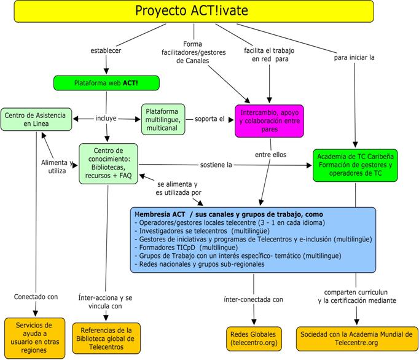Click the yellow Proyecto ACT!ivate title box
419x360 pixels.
(x=194, y=11)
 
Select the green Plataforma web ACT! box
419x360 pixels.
(x=106, y=83)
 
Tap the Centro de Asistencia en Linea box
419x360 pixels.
(x=36, y=119)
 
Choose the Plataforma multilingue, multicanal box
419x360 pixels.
(x=163, y=119)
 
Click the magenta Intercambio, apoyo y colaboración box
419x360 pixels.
(x=269, y=121)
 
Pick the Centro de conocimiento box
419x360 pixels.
(x=108, y=163)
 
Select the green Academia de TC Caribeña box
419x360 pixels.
(x=355, y=165)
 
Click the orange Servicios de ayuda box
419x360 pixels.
(x=35, y=338)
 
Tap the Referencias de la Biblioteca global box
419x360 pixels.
(x=106, y=338)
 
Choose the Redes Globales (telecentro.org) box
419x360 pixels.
(x=254, y=338)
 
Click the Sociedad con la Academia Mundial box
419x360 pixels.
(x=356, y=338)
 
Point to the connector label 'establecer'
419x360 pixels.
(x=106, y=50)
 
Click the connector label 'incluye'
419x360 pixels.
(x=106, y=118)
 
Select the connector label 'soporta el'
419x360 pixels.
(x=209, y=119)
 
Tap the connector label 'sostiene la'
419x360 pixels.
(x=216, y=165)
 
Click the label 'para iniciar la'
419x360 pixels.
(x=354, y=58)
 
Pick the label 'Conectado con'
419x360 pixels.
(x=36, y=297)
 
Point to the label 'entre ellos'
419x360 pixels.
(x=270, y=154)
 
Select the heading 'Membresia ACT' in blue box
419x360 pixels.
(x=160, y=214)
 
